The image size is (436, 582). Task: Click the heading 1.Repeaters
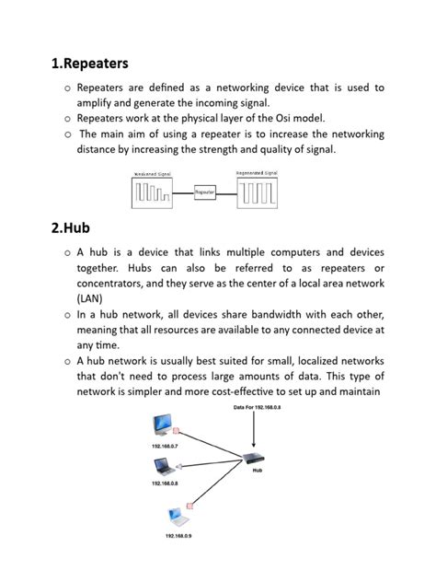(x=90, y=64)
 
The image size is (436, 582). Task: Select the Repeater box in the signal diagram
(x=205, y=192)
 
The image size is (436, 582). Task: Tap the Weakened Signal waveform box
(x=153, y=192)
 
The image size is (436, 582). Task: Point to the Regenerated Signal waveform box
(x=258, y=192)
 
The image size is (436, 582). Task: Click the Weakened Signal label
(x=153, y=174)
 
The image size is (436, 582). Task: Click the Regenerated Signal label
(x=258, y=173)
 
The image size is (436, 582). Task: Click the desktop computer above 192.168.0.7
(x=163, y=425)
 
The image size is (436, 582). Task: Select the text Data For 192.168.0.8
(x=258, y=406)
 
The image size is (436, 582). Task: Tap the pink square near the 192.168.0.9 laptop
(x=190, y=505)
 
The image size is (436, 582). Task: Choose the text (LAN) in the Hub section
(x=90, y=298)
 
